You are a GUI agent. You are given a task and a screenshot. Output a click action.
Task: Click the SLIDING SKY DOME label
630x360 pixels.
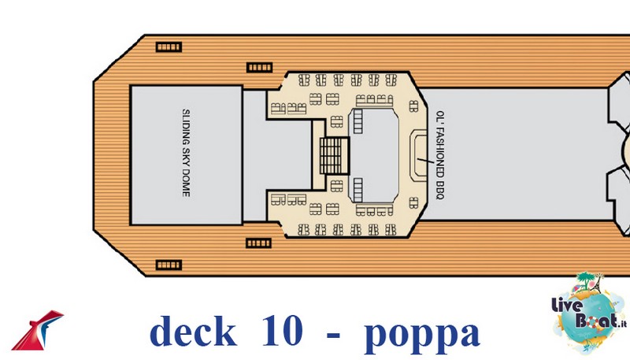click(x=186, y=153)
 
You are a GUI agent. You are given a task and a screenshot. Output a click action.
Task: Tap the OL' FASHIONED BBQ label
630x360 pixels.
click(x=440, y=155)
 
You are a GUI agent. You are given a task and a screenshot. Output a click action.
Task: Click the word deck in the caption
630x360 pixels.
click(x=193, y=331)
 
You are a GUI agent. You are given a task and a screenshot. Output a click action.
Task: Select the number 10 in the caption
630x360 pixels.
click(x=282, y=330)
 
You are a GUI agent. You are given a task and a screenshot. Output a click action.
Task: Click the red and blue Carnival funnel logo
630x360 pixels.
click(x=37, y=330)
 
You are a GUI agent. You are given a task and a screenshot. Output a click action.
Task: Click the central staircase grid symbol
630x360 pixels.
click(x=334, y=155)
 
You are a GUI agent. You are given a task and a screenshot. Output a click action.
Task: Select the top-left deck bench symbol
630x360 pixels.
click(x=169, y=47)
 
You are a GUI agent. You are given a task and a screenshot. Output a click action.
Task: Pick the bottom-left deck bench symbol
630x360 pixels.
click(x=169, y=265)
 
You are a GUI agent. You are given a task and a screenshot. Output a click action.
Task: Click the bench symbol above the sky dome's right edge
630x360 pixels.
click(x=259, y=67)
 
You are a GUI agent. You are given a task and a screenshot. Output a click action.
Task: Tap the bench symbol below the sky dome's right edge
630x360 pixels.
click(x=259, y=243)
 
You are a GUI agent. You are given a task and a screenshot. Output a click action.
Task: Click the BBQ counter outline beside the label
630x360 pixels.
click(x=418, y=155)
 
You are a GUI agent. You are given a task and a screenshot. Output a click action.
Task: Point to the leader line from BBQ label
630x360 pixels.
click(x=425, y=161)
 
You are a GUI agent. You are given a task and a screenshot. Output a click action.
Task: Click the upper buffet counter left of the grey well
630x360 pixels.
click(x=358, y=121)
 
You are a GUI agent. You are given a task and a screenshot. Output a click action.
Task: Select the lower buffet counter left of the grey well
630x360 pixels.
click(x=358, y=190)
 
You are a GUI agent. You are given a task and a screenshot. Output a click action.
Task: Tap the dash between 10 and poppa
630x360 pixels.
click(x=333, y=334)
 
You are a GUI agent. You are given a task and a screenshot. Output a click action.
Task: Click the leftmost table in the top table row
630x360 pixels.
click(x=304, y=80)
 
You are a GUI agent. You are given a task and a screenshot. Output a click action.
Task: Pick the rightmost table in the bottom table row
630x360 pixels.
click(x=391, y=230)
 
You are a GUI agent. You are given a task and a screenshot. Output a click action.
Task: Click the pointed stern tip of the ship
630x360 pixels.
click(x=94, y=156)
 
